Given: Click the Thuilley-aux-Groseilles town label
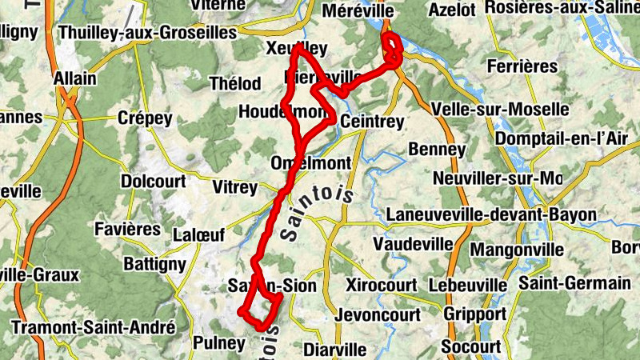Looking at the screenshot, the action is click(x=148, y=33).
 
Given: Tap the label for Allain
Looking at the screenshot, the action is click(x=74, y=79).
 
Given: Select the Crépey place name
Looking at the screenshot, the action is click(x=145, y=118).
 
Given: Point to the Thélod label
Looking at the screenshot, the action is click(x=234, y=83).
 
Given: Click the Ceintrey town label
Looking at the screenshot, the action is click(x=372, y=121).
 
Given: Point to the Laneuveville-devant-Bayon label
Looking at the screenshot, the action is click(x=491, y=214).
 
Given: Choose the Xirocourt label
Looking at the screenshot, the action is click(x=382, y=285).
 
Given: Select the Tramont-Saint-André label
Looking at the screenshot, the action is click(x=94, y=327).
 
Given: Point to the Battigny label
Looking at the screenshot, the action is click(x=154, y=263).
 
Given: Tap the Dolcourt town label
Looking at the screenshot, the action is click(x=154, y=181).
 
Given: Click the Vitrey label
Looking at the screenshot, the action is click(x=236, y=187).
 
